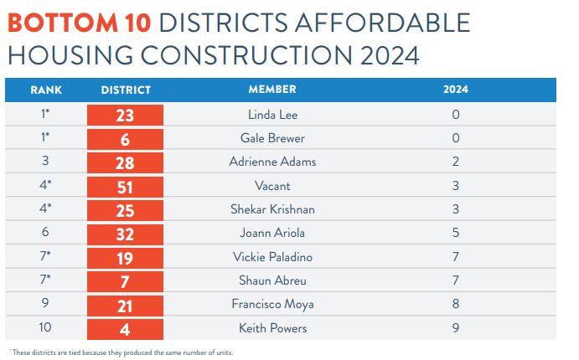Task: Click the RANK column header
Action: pos(46,90)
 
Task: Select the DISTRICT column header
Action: pos(126,90)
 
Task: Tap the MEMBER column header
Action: pos(272,90)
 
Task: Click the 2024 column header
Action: pos(456,90)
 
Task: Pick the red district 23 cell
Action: pos(126,116)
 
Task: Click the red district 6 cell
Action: pos(126,139)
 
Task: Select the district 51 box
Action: pos(126,187)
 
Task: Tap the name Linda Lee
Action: pos(272,115)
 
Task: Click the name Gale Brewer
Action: pos(272,138)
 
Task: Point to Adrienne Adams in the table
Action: pos(272,162)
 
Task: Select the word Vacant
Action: pos(272,186)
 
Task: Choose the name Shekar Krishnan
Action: pos(272,209)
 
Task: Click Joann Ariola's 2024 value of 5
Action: pos(456,234)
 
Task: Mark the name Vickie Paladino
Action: pos(272,257)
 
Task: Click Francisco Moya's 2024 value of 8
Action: pos(456,305)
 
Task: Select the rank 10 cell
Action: pos(46,328)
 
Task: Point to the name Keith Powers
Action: pos(272,328)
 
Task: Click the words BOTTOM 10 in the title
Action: pos(80,23)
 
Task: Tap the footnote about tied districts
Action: pos(121,352)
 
